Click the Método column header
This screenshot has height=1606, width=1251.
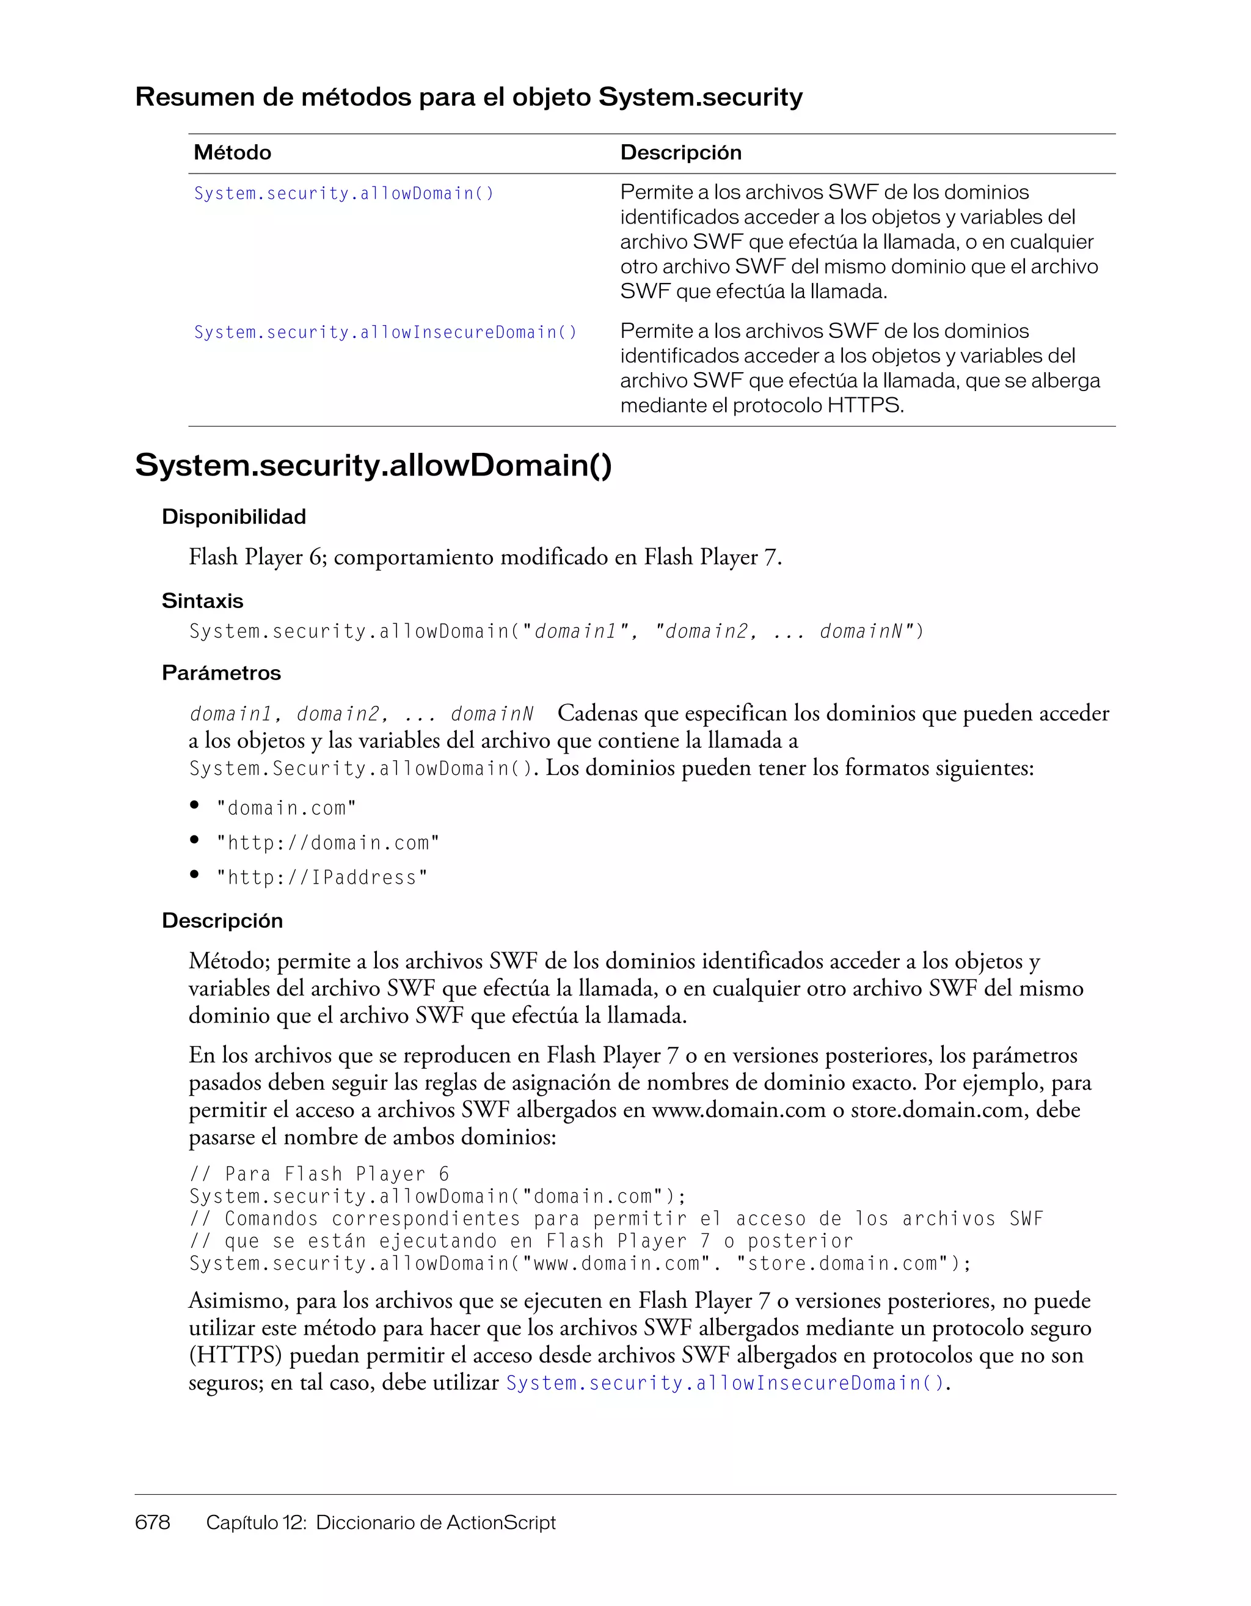pos(232,153)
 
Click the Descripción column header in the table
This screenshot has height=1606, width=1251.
pos(680,153)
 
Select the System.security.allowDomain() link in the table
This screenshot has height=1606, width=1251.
pos(344,193)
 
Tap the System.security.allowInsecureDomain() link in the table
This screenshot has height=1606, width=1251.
pos(385,332)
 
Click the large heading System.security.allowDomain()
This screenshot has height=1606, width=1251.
pos(373,466)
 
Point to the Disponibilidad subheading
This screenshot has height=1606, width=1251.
pos(234,517)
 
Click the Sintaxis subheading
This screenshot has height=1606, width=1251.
pos(202,601)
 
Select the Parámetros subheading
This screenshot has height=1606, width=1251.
pos(221,673)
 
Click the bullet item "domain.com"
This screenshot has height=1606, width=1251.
pos(286,808)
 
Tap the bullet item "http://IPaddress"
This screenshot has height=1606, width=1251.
pos(321,878)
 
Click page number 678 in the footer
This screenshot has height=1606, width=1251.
pos(153,1522)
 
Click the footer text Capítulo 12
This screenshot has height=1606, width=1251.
pos(255,1522)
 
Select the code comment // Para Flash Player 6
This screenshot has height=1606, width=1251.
pos(319,1175)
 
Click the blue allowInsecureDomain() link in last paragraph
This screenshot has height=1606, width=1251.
pos(726,1383)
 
